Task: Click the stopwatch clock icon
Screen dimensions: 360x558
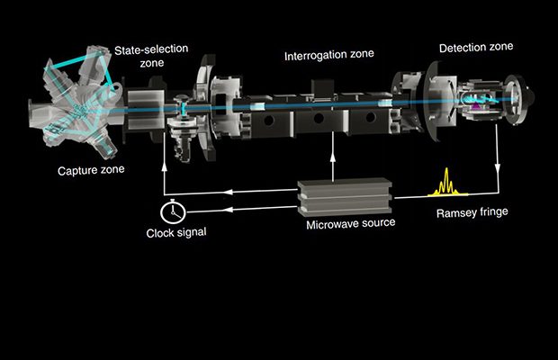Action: pos(171,211)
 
